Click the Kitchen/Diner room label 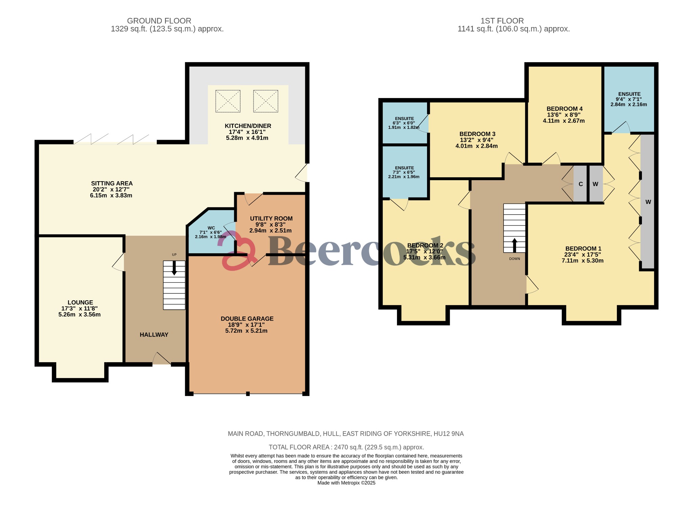248,126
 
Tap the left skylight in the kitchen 228,101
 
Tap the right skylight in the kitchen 266,101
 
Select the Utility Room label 271,219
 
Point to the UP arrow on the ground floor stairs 174,268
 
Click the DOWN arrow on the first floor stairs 514,245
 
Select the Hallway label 154,335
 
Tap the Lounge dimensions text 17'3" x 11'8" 80,308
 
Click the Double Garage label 247,319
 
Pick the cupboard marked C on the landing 580,184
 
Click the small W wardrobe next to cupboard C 596,184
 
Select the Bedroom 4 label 564,109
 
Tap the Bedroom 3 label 477,134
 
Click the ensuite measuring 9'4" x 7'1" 629,99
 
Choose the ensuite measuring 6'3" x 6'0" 404,123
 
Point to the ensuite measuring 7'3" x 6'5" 404,172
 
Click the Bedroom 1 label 583,249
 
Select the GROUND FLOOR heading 159,21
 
